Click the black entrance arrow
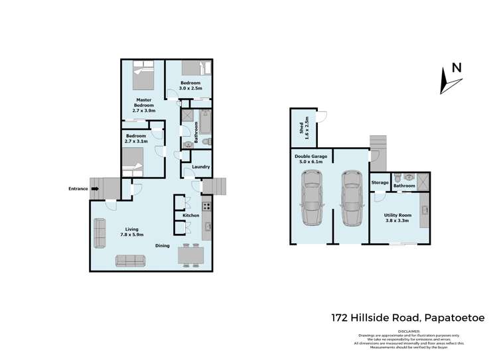[x=95, y=189]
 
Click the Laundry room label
[x=201, y=166]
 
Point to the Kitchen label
[x=191, y=215]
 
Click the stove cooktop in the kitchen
[x=206, y=205]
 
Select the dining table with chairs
[x=191, y=255]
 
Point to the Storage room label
[x=380, y=182]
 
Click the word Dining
[x=163, y=245]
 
